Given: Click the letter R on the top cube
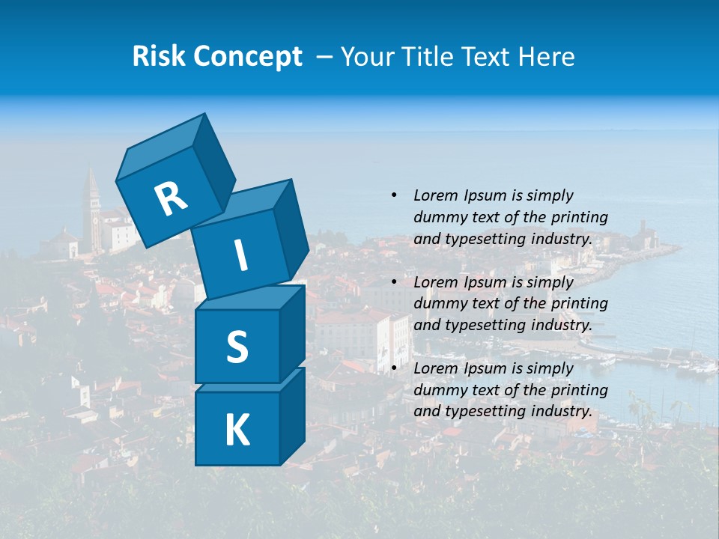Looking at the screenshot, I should pyautogui.click(x=171, y=199).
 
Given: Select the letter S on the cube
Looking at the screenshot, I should pyautogui.click(x=237, y=347).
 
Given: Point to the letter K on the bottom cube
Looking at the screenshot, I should pyautogui.click(x=237, y=430).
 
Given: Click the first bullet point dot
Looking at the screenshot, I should pyautogui.click(x=394, y=196).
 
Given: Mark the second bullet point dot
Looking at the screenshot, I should pyautogui.click(x=394, y=282).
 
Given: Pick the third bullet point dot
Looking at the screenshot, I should pyautogui.click(x=394, y=368).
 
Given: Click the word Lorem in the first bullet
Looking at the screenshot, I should pyautogui.click(x=435, y=196).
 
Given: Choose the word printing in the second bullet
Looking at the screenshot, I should pyautogui.click(x=580, y=303).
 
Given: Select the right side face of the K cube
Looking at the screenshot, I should pyautogui.click(x=292, y=417).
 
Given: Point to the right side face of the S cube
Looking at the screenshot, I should pyautogui.click(x=292, y=333).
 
